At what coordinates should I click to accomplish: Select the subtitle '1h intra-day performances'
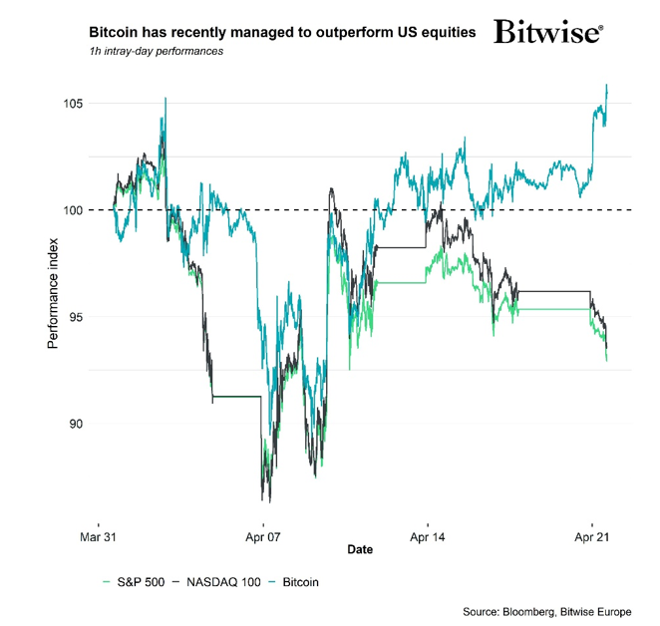point(156,51)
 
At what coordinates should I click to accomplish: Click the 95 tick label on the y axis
point(73,317)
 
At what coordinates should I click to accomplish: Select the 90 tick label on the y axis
point(73,424)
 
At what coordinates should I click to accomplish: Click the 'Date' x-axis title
point(361,550)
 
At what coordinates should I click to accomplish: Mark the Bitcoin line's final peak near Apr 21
point(607,86)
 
